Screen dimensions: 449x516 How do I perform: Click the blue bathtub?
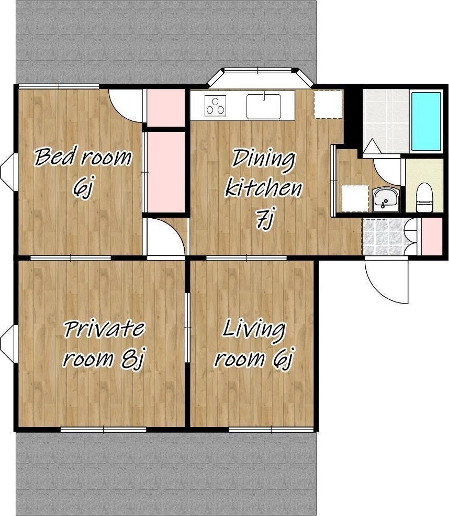click(426, 121)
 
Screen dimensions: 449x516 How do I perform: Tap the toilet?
click(424, 197)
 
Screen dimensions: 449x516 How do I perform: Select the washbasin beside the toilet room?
click(385, 199)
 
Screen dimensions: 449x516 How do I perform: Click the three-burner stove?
click(215, 105)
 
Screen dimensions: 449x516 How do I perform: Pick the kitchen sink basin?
click(264, 106)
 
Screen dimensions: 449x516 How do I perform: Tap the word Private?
click(104, 329)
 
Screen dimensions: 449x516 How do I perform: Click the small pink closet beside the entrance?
click(432, 236)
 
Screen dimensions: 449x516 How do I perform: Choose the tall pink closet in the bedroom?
click(165, 172)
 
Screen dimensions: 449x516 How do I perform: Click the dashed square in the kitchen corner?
click(328, 104)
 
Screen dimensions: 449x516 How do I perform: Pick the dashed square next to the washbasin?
click(355, 198)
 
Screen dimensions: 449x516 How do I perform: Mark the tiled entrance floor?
click(383, 236)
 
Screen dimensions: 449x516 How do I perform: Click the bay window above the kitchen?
click(260, 77)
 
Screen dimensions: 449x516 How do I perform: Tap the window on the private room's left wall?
click(8, 343)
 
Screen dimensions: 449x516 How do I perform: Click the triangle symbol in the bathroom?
click(372, 146)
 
